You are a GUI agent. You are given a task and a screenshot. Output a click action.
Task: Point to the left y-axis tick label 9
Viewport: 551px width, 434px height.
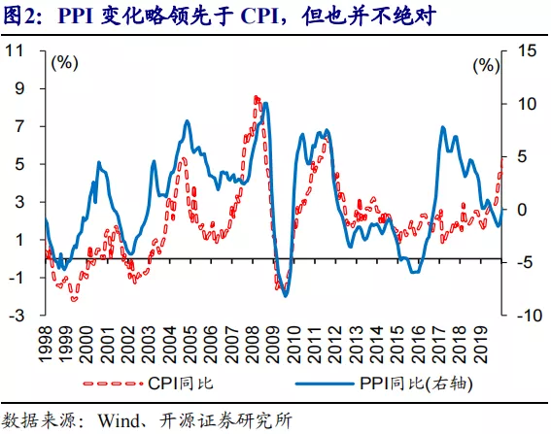17,88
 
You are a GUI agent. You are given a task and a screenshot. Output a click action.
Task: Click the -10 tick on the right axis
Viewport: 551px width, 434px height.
522,316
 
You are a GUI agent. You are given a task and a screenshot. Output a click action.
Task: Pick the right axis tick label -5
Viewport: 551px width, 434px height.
521,262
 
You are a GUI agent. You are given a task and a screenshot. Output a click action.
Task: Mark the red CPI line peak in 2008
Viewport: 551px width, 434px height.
256,97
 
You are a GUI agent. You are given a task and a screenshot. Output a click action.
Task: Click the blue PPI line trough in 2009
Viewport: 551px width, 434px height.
285,294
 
